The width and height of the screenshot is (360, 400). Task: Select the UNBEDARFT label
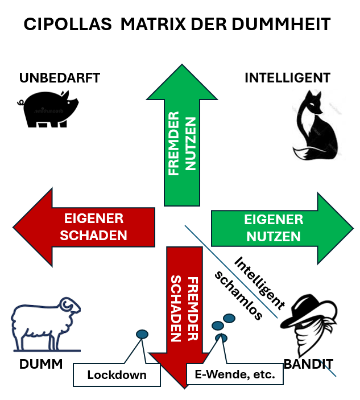pos(60,78)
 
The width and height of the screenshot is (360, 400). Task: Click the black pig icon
pos(48,109)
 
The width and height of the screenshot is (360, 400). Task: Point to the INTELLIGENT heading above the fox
pos(287,77)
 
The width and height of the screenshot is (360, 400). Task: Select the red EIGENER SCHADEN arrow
pos(85,226)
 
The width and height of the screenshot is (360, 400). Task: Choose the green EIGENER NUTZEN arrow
pos(273,228)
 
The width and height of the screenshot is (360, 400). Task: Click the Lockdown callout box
pos(117,375)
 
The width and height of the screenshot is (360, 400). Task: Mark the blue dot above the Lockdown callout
pos(142,334)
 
